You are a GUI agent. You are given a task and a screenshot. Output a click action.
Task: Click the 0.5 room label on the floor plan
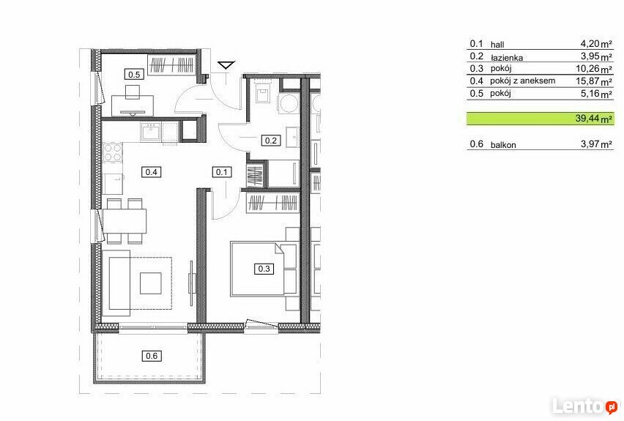[134, 75]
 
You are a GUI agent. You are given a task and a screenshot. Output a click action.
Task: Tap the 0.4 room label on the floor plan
[151, 172]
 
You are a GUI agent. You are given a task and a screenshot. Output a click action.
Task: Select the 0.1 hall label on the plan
[222, 172]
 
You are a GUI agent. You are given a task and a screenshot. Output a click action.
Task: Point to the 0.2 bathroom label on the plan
[270, 141]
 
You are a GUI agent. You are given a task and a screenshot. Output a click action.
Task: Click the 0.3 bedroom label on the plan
[264, 269]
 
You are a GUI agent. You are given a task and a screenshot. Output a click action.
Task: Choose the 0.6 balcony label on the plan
[152, 356]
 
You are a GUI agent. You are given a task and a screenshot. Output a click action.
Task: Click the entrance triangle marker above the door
[226, 65]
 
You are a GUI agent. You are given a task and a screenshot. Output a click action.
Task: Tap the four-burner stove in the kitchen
[113, 153]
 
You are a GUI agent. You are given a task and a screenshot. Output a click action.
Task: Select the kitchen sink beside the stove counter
[150, 132]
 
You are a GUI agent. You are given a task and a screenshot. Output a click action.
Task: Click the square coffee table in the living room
[151, 283]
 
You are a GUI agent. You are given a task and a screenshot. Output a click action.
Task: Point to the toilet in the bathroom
[263, 92]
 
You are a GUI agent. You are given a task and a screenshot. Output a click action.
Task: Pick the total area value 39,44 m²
[594, 119]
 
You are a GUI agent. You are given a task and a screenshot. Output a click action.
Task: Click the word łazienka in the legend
[507, 58]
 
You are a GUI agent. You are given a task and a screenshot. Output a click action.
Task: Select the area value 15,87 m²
[594, 81]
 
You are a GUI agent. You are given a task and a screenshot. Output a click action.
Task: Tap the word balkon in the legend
[503, 145]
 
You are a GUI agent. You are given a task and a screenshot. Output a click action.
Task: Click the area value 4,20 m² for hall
[596, 43]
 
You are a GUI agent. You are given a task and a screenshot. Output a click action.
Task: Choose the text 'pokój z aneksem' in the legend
[522, 81]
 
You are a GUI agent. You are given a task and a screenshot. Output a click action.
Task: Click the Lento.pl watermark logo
[585, 406]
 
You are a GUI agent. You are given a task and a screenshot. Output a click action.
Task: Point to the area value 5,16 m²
[596, 94]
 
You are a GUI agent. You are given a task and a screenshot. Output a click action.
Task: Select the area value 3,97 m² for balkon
[596, 144]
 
